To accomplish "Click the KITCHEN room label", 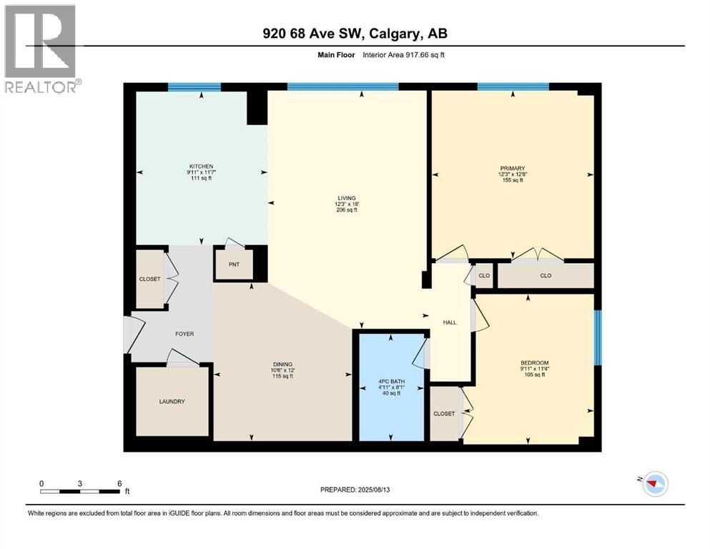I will pos(201,166).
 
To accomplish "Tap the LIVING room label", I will pos(347,198).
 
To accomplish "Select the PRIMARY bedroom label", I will pos(512,169).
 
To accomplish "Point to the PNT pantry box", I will pos(233,264).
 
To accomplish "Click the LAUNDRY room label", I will pos(172,402).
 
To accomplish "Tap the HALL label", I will pos(450,322).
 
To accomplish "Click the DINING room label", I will pos(282,364).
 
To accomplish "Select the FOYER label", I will pos(184,334).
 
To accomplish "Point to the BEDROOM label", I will pos(535,362).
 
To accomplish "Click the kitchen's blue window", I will pos(194,87).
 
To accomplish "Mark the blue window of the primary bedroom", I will pos(513,87).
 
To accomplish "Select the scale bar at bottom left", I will pos(80,490).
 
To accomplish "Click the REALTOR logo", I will pos(41,49).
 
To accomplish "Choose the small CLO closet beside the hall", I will pos(484,275).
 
